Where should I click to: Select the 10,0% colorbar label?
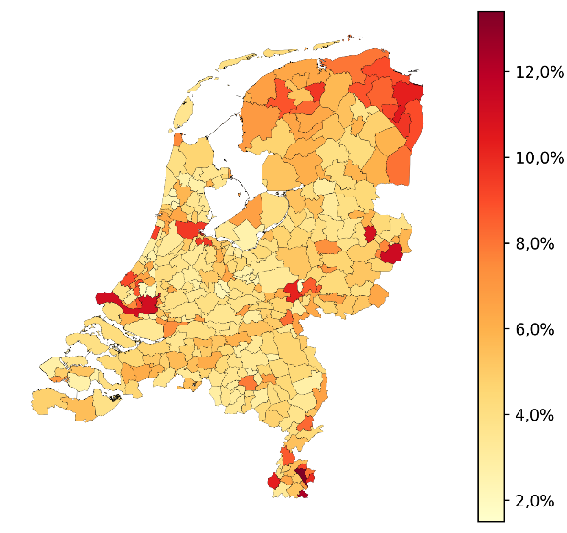point(539,157)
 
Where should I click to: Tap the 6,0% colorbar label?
point(535,329)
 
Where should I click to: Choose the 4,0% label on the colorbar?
point(535,415)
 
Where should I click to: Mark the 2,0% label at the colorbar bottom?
point(535,501)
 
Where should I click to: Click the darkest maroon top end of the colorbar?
point(491,15)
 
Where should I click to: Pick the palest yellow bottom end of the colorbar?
point(491,517)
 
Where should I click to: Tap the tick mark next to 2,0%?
point(507,501)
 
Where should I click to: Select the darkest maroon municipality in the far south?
point(302,475)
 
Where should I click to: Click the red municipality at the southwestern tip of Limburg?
point(273,482)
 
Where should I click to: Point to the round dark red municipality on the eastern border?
point(392,253)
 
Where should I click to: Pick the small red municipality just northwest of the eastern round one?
point(369,234)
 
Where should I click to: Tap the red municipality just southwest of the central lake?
point(190,229)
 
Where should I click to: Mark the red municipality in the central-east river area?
point(294,291)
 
